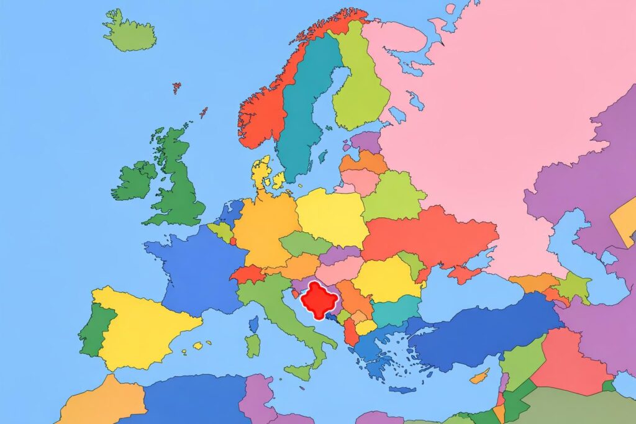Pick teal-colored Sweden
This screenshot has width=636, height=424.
click(x=304, y=106)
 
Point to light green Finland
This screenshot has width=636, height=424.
click(x=360, y=87)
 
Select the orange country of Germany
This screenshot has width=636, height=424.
click(x=264, y=227)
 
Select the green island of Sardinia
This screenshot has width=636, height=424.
click(x=253, y=345)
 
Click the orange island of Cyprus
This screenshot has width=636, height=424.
click(x=479, y=376)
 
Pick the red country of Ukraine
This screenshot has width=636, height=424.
click(x=429, y=236)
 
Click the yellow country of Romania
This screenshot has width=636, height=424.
click(x=385, y=279)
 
